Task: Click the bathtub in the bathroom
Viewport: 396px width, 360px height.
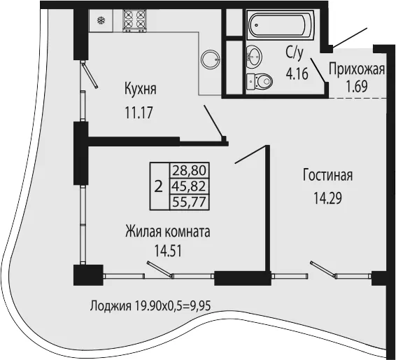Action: coord(280,25)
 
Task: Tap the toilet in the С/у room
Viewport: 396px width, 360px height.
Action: coord(259,81)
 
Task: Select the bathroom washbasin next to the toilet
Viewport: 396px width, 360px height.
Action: coord(254,57)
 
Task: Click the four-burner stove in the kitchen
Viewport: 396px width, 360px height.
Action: coord(135,20)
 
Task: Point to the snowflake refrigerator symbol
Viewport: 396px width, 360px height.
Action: coord(101,20)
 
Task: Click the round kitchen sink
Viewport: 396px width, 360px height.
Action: coord(210,59)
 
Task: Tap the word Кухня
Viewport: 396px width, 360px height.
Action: coord(141,89)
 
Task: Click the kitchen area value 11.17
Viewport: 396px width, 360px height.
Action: coord(139,113)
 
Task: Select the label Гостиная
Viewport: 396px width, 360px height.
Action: coord(327,175)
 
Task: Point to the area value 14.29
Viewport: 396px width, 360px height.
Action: coord(327,198)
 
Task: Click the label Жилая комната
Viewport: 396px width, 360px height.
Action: coord(168,232)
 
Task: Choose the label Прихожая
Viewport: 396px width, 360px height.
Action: coord(357,69)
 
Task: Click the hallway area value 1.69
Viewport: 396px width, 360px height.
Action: coord(357,87)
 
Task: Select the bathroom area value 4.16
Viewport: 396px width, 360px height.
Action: coord(297,74)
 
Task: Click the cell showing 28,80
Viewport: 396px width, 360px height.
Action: coord(189,170)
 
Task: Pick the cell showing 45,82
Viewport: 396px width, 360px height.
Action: coord(189,186)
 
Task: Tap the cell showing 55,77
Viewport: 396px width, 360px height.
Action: coord(189,202)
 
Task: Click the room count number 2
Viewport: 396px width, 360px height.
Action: coord(158,187)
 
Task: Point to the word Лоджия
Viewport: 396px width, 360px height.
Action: coord(111,306)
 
